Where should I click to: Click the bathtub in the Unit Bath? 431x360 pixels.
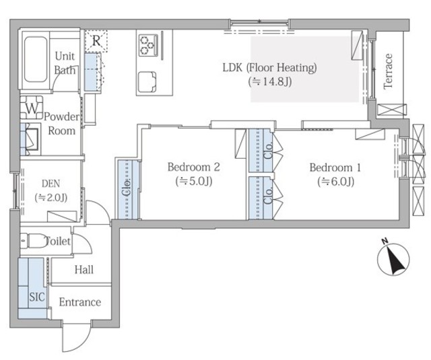(x=36, y=59)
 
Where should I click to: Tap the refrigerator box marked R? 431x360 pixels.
(x=96, y=41)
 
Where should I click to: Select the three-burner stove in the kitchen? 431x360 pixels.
(x=148, y=44)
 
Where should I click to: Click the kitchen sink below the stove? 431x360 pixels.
(x=147, y=82)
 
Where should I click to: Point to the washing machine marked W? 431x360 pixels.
(x=32, y=108)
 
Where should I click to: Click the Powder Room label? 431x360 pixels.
(x=61, y=124)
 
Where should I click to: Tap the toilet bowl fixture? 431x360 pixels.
(x=34, y=241)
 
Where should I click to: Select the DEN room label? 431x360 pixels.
(x=51, y=184)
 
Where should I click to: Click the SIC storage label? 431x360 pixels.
(x=37, y=297)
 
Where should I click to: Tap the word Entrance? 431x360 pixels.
(x=80, y=302)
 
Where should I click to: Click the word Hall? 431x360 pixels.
(x=84, y=270)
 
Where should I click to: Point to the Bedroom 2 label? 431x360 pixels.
(x=194, y=167)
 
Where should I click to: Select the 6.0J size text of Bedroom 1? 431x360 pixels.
(x=335, y=182)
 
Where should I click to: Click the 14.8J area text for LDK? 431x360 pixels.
(x=270, y=81)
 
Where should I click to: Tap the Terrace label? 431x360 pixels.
(x=388, y=71)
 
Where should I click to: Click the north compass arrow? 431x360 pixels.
(x=393, y=259)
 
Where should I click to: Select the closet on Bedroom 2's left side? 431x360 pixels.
(x=129, y=190)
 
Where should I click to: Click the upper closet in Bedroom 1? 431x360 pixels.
(x=261, y=151)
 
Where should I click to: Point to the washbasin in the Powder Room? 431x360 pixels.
(x=30, y=139)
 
